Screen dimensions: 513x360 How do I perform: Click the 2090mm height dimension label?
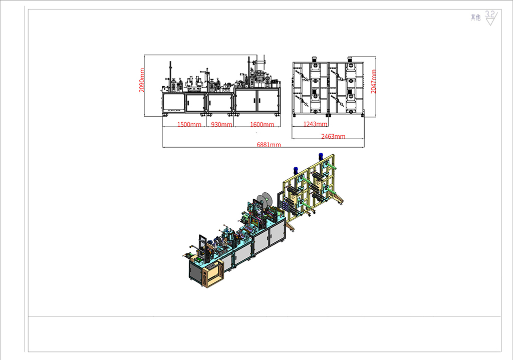(142, 80)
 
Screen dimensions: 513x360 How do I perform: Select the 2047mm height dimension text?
(373, 82)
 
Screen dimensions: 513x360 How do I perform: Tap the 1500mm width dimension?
(189, 125)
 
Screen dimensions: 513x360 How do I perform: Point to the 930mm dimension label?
(221, 125)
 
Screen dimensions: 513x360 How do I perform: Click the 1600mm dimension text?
(262, 125)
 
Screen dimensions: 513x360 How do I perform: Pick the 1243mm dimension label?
(316, 124)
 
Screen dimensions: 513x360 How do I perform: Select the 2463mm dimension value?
(333, 136)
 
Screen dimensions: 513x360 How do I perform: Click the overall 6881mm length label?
(269, 145)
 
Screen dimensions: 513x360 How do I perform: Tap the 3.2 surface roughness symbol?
(491, 18)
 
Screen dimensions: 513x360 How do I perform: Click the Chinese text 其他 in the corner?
(476, 18)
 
